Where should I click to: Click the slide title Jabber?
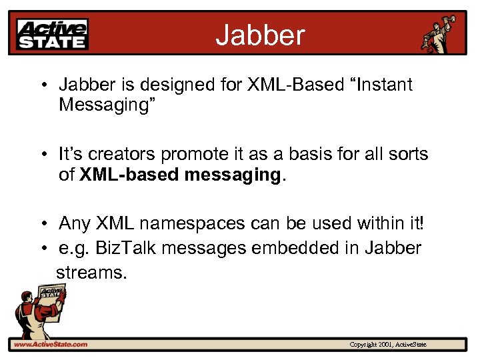pos(260,35)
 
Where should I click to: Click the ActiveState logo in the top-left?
pos(53,34)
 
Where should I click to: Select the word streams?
pos(91,272)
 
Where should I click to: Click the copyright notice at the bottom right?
pos(392,344)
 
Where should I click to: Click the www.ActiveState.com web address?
pos(51,344)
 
